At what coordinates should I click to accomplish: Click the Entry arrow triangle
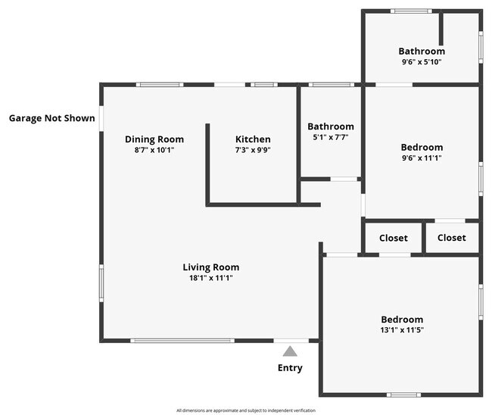click(x=290, y=351)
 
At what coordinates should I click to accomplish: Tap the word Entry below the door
click(x=290, y=368)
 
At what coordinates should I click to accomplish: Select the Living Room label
click(x=211, y=267)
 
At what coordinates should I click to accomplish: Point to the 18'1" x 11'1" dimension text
click(x=211, y=278)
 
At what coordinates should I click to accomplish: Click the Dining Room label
click(x=154, y=139)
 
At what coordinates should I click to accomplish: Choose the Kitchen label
click(x=253, y=139)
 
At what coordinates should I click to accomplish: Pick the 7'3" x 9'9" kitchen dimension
click(x=253, y=150)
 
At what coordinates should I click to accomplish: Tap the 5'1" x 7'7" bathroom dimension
click(x=331, y=138)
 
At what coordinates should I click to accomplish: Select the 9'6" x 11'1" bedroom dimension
click(x=422, y=158)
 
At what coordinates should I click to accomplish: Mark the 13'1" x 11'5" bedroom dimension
click(x=402, y=331)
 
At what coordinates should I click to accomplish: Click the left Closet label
click(x=394, y=238)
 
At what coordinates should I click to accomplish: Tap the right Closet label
click(x=452, y=238)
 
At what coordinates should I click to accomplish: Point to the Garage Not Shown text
click(x=52, y=118)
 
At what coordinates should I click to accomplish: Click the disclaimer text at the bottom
click(x=246, y=410)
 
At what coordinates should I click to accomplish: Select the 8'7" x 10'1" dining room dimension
click(x=154, y=150)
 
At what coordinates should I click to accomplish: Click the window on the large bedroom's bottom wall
click(x=403, y=395)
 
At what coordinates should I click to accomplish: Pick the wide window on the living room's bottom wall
click(x=182, y=341)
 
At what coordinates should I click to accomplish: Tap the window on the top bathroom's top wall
click(x=411, y=11)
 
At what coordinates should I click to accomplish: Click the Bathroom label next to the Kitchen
click(x=331, y=126)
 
